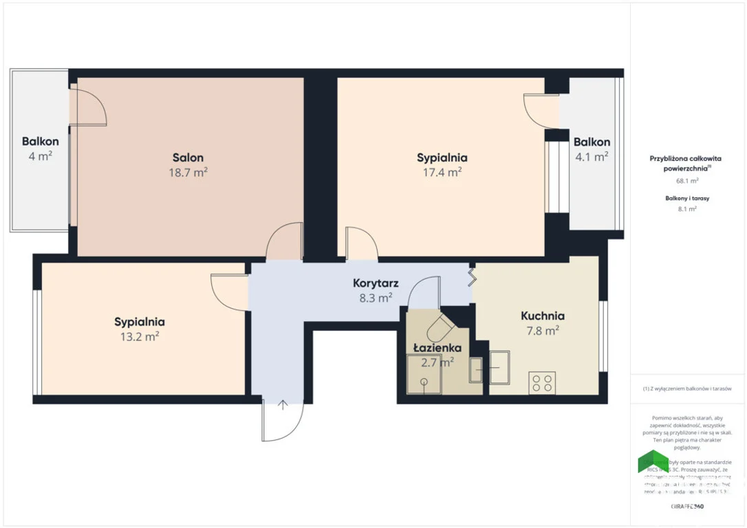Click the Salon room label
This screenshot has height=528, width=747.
pos(188,157)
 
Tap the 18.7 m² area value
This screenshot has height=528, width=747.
pos(188,173)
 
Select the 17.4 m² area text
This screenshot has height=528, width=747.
pos(442,173)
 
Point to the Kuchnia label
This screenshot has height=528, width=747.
pos(543,316)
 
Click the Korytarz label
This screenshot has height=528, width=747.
pos(376,283)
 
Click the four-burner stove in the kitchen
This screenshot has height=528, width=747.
pos(541,383)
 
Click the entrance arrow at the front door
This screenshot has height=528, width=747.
pos(283,404)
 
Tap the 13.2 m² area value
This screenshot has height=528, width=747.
pos(140,336)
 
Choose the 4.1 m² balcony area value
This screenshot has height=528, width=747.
pos(592,157)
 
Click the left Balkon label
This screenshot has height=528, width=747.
pos(40,142)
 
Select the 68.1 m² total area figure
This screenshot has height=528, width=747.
pos(687,181)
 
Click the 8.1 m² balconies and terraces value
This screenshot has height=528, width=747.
pos(687,209)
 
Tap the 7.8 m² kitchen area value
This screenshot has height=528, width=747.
pos(543,331)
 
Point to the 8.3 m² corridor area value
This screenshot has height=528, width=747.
pos(376,298)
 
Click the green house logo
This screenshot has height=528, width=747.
pos(653,461)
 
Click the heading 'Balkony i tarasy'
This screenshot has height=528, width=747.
pos(687,199)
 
